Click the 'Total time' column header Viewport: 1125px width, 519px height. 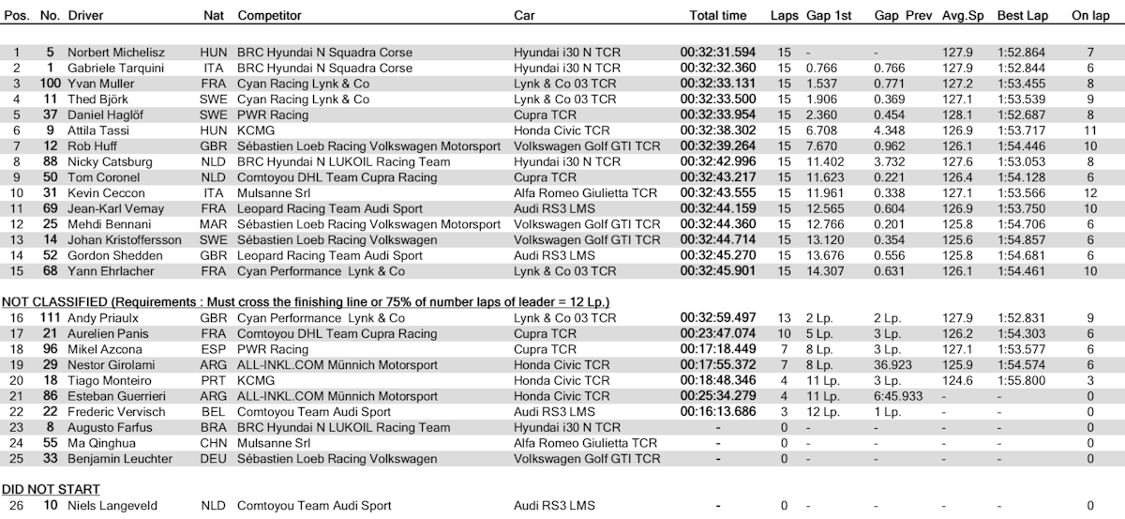coord(717,16)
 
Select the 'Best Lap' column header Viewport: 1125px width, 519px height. coord(1022,16)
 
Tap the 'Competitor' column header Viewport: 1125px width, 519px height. coord(270,16)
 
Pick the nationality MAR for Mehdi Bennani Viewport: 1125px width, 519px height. coord(213,224)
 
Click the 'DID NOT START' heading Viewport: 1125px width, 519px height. coord(52,489)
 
